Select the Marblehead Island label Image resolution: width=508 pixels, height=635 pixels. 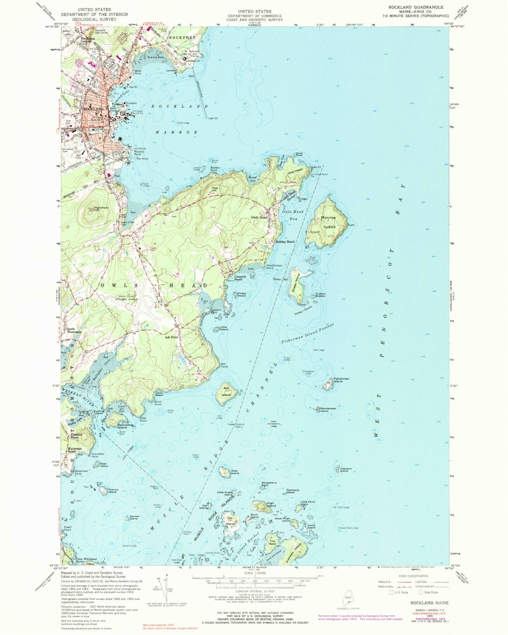click(328, 410)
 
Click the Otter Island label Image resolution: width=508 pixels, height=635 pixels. click(235, 472)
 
